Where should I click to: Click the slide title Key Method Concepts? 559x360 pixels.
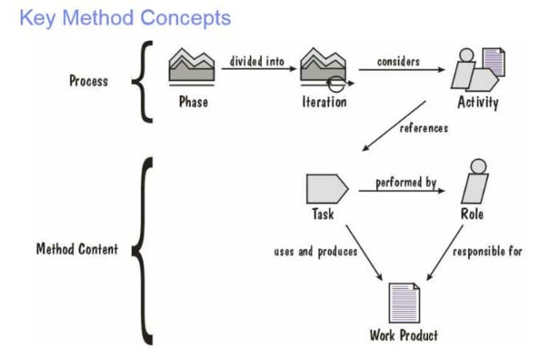click(x=125, y=18)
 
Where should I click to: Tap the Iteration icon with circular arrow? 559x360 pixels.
click(x=323, y=69)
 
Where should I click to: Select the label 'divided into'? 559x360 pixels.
click(x=257, y=61)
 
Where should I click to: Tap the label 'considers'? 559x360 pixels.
click(x=398, y=61)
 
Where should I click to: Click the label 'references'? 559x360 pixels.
click(x=424, y=128)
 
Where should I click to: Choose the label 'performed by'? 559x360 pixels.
click(x=406, y=183)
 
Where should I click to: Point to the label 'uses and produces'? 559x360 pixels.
click(x=315, y=251)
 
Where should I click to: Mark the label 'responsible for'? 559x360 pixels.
click(x=487, y=251)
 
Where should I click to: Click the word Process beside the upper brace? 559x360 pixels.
click(x=89, y=81)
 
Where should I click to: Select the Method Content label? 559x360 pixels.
click(x=77, y=249)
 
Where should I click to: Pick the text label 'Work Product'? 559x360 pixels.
click(x=403, y=334)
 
